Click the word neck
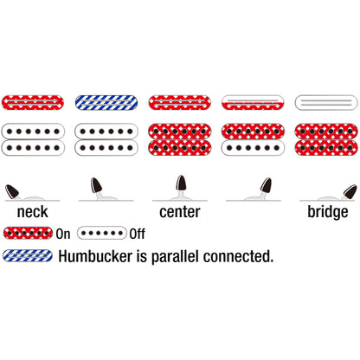[33, 212]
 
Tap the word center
[180, 212]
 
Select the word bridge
[328, 213]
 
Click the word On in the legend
[63, 234]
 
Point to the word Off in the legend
[138, 234]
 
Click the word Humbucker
[95, 256]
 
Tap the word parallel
[175, 257]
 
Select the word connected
[238, 256]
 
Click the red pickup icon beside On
[28, 233]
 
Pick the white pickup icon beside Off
[102, 233]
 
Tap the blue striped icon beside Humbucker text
[28, 256]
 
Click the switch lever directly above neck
[12, 191]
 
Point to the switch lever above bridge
[350, 192]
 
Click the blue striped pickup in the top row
[106, 102]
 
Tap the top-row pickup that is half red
[253, 102]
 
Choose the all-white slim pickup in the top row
[326, 102]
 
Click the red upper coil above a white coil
[253, 132]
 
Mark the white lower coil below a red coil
[253, 148]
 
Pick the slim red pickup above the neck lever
[33, 102]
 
